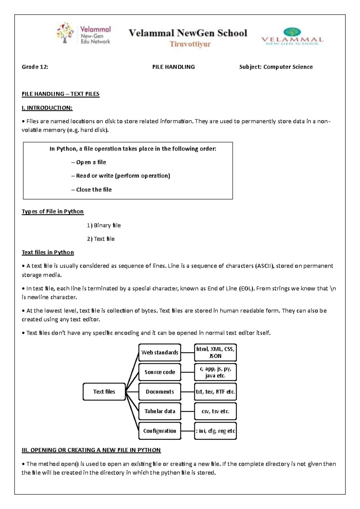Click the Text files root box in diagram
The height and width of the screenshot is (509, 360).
[104, 392]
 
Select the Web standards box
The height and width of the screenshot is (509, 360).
[160, 352]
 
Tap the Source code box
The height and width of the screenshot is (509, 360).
[160, 372]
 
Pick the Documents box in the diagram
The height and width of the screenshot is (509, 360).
[160, 392]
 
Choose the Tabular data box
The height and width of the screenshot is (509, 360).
[160, 411]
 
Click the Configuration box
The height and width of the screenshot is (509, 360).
[160, 431]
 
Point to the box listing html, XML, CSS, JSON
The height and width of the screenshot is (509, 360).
[215, 352]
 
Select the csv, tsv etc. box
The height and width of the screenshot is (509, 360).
[215, 411]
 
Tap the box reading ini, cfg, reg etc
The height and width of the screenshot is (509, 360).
[215, 431]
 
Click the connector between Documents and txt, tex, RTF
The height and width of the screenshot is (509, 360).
[187, 392]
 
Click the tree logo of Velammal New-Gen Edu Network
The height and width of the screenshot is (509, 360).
[65, 33]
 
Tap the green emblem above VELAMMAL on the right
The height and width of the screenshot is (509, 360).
[292, 32]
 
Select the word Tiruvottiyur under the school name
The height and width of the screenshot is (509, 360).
[190, 44]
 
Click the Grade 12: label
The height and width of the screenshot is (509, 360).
[35, 67]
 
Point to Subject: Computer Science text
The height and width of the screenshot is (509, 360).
[276, 67]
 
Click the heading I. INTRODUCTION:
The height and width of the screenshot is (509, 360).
[47, 108]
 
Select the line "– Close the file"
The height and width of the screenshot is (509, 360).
[91, 190]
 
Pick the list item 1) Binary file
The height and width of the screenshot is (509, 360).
[104, 225]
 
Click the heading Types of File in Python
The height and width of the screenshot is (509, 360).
[52, 212]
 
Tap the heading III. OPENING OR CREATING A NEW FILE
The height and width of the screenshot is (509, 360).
[91, 450]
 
